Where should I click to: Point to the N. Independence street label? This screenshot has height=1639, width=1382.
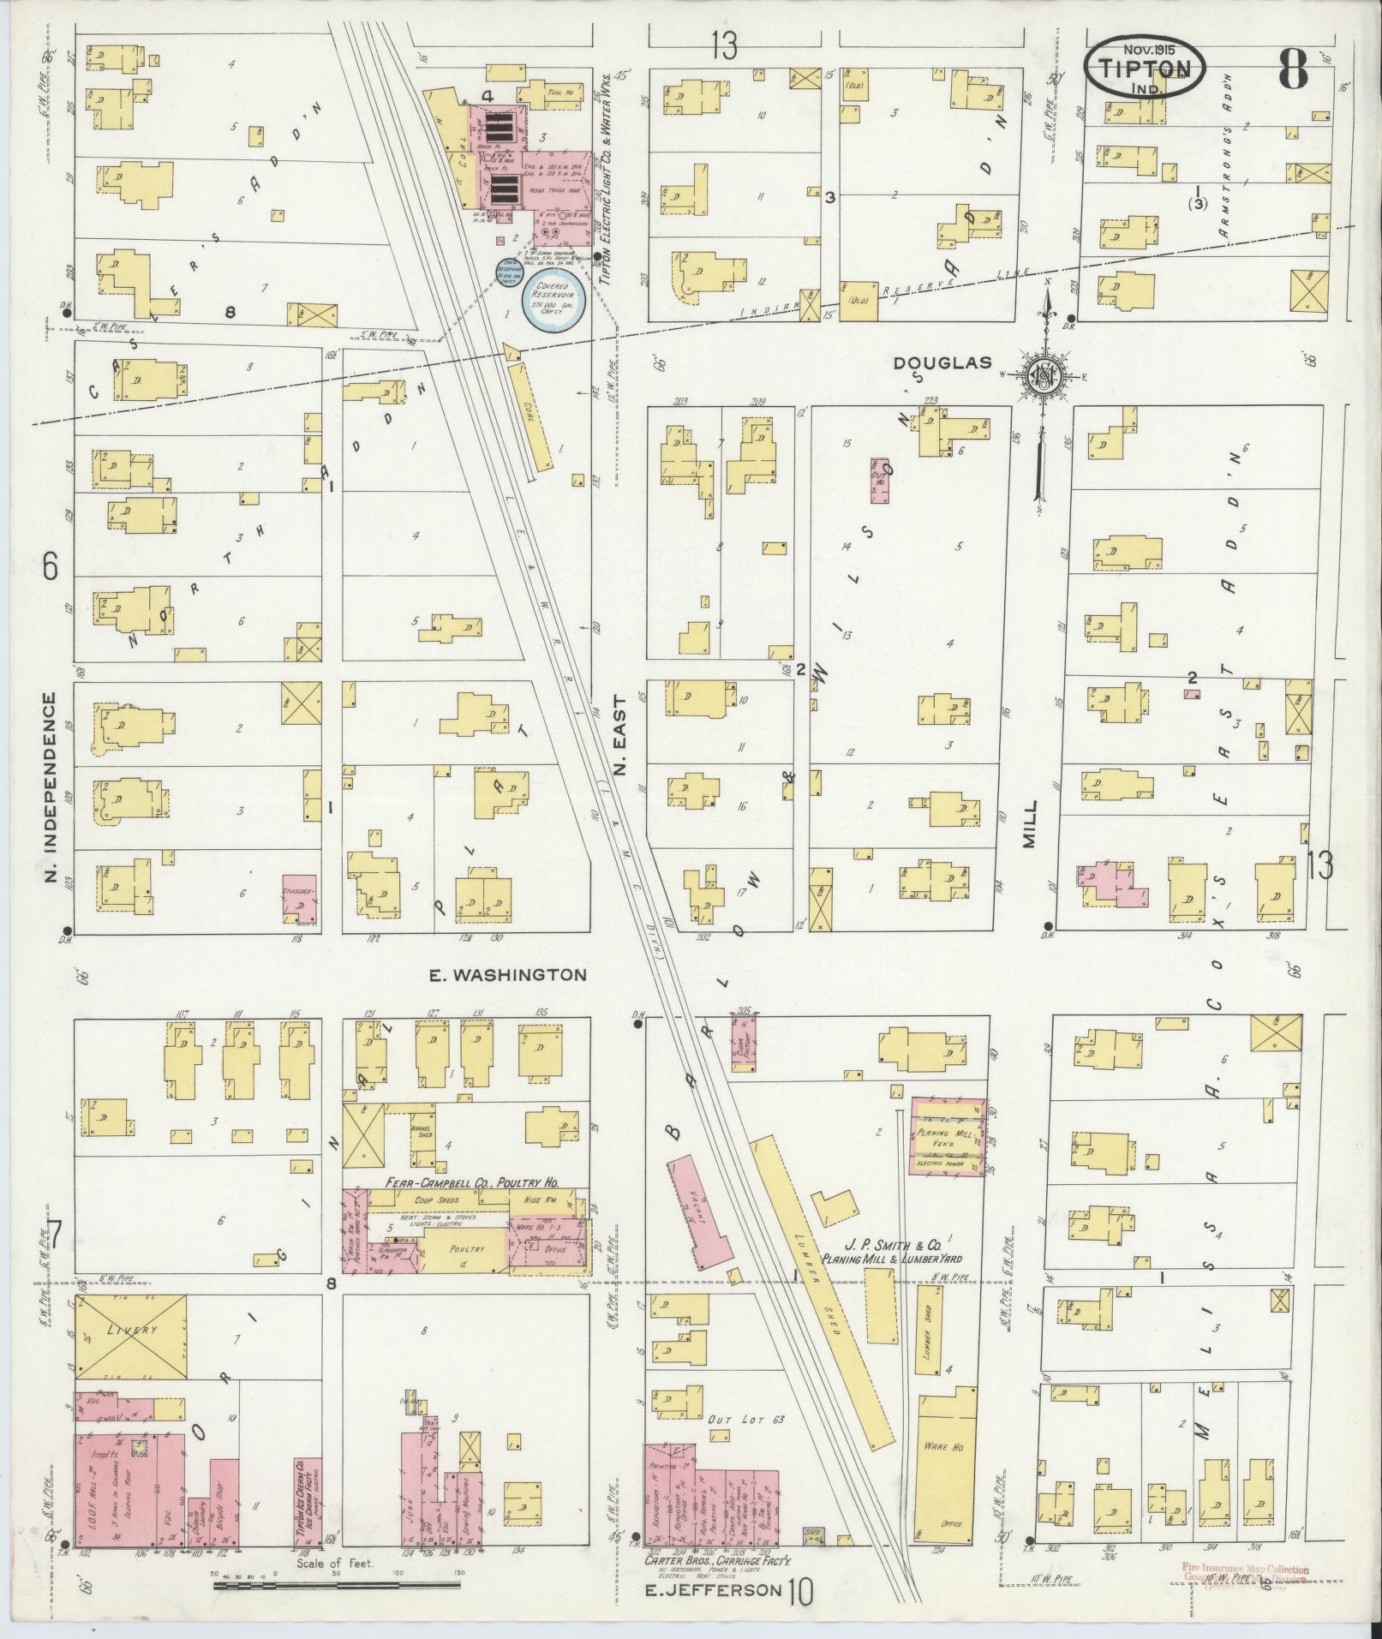(x=51, y=788)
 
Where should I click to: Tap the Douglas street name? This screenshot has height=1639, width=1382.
(x=942, y=363)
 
